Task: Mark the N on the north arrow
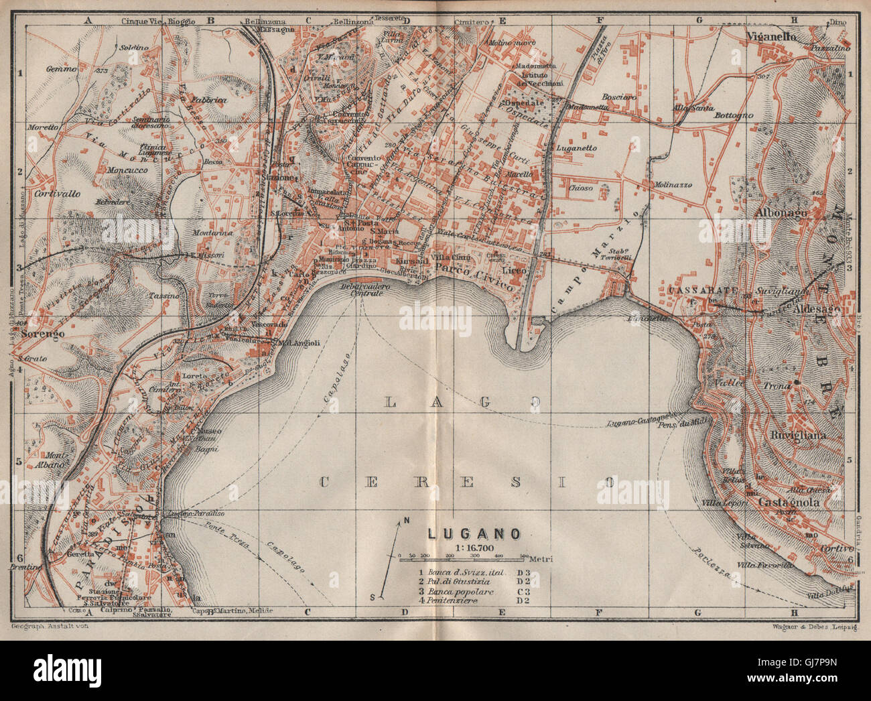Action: [406, 521]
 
